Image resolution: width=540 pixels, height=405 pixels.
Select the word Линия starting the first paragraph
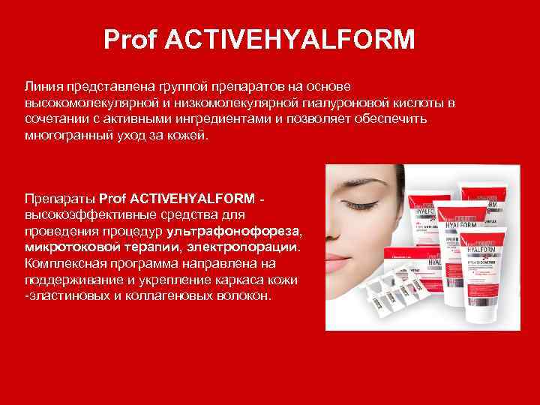pyautogui.click(x=43, y=87)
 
